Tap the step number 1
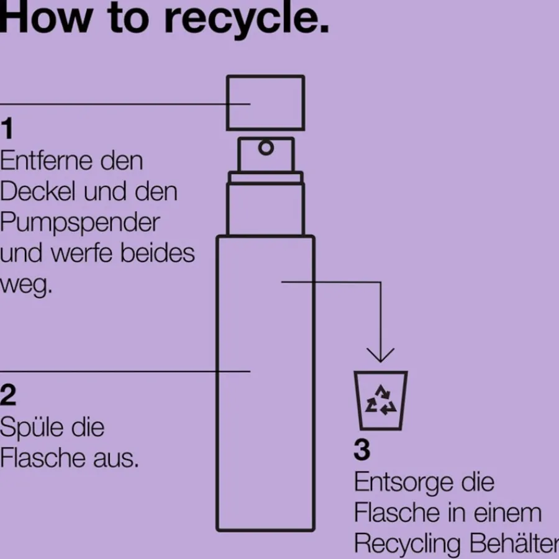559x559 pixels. (x=7, y=130)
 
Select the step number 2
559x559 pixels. (x=8, y=395)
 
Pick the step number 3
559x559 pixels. (x=362, y=450)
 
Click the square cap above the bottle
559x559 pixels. (x=265, y=103)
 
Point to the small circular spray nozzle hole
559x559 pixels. (x=266, y=148)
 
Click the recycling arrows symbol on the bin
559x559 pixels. (x=381, y=400)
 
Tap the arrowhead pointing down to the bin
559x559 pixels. (x=380, y=355)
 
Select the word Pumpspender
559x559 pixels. (x=80, y=222)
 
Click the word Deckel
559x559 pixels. (x=36, y=191)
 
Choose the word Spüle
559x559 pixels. (x=30, y=427)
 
